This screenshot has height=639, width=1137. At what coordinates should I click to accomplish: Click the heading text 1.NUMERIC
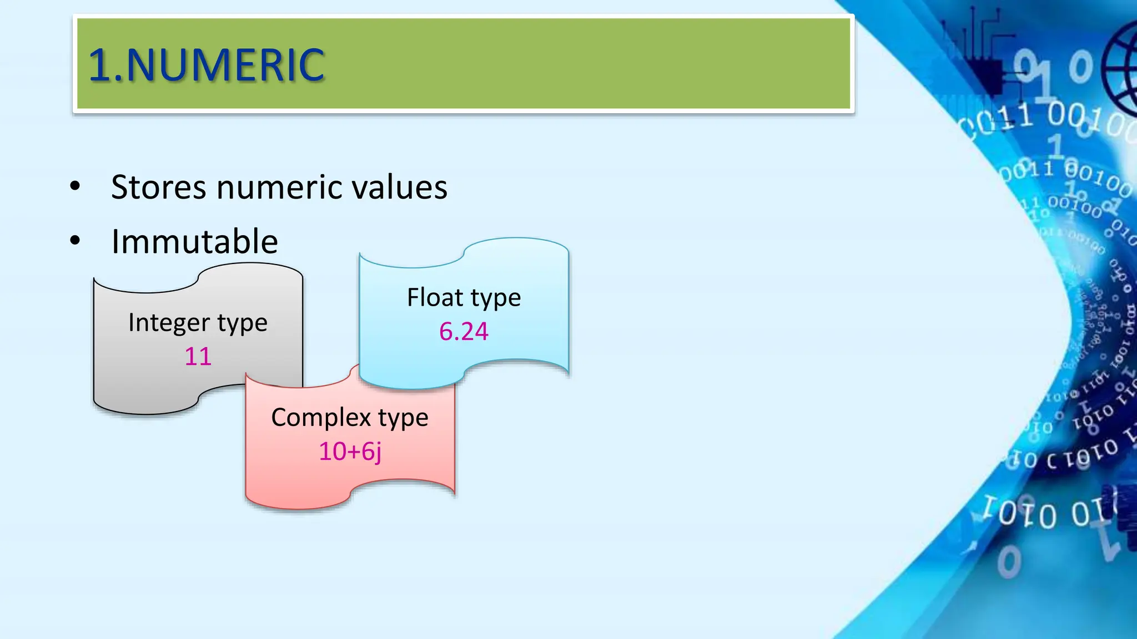tap(206, 65)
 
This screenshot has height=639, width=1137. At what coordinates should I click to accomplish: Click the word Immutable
tap(194, 241)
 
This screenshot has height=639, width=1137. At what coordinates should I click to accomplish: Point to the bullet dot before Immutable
tap(76, 241)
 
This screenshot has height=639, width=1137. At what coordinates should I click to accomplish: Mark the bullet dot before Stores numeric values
tap(76, 186)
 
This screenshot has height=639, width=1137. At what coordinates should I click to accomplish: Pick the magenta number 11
tap(198, 356)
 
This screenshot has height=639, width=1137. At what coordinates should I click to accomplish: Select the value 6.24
tap(464, 332)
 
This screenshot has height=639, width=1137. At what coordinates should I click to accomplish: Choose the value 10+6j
tap(350, 452)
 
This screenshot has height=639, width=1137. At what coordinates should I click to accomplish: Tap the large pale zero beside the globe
tap(1080, 68)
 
